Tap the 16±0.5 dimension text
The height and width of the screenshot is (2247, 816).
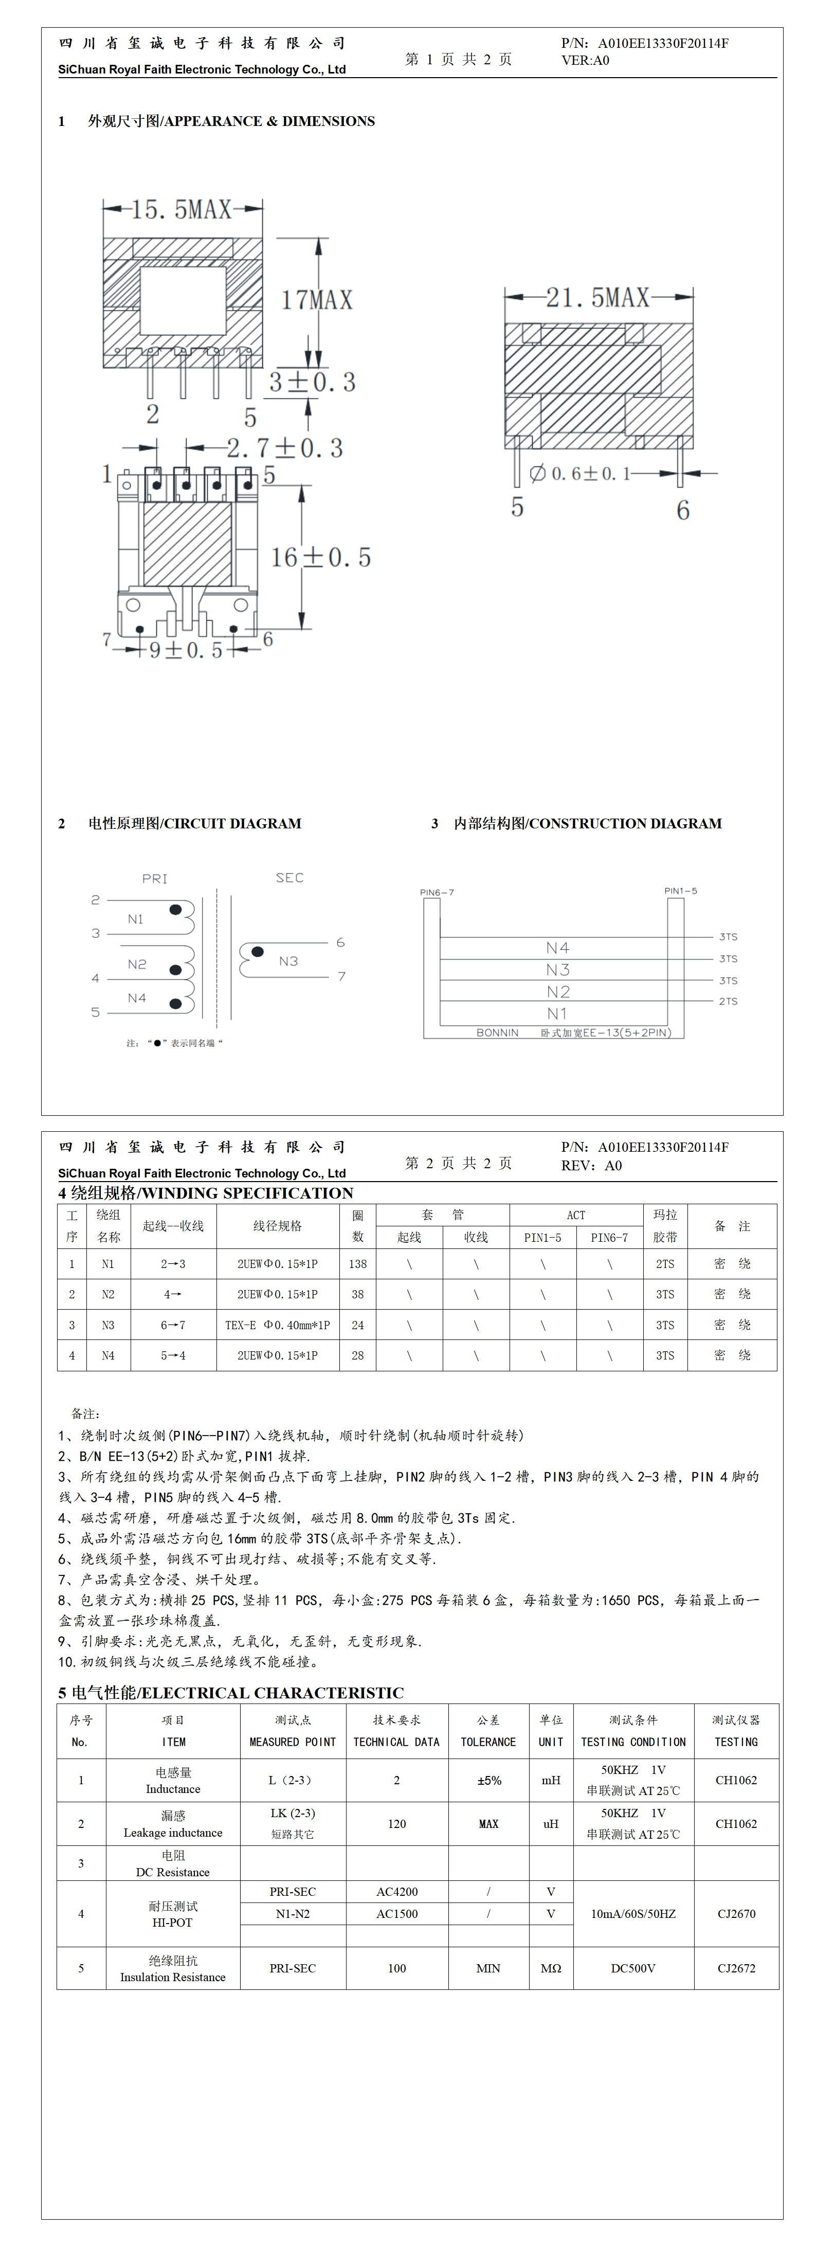click(320, 557)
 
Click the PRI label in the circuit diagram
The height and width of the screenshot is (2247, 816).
click(154, 878)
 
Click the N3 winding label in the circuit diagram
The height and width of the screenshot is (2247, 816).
click(288, 961)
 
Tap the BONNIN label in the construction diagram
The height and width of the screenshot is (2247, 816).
click(497, 1033)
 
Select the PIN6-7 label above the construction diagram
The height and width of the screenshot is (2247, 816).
click(437, 892)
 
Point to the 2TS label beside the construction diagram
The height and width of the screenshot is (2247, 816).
click(728, 1002)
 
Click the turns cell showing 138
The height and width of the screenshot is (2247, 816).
click(358, 1264)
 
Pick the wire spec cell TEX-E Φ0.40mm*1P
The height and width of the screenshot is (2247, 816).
click(278, 1325)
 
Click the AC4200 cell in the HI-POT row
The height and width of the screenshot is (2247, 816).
click(397, 1892)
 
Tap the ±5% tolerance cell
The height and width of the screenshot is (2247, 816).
click(489, 1780)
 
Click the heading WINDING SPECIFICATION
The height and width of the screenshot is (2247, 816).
click(206, 1193)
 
